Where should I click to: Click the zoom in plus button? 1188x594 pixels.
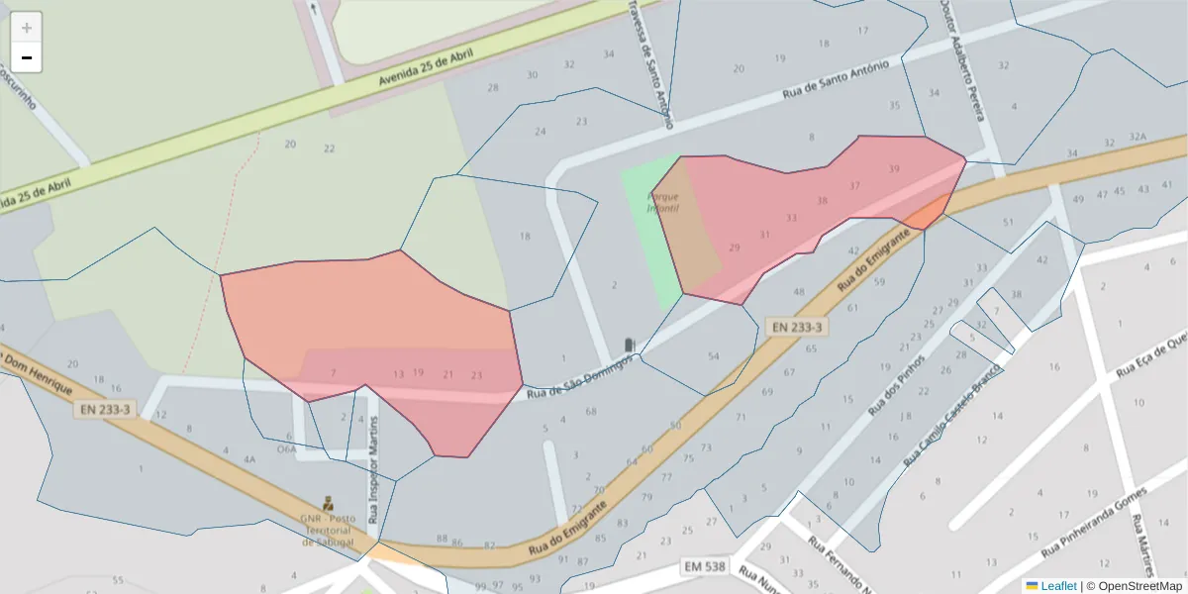[27, 28]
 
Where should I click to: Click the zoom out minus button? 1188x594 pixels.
[27, 57]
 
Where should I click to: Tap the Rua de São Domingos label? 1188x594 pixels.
[579, 379]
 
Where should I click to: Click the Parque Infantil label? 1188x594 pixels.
[662, 202]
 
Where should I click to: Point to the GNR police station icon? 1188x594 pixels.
[329, 503]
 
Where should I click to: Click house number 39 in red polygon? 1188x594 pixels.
[894, 169]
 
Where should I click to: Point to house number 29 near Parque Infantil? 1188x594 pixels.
[734, 247]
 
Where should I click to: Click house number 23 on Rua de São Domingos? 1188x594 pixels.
[476, 374]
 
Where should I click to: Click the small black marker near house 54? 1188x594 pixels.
[628, 345]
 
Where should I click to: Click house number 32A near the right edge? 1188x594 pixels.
[1138, 137]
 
